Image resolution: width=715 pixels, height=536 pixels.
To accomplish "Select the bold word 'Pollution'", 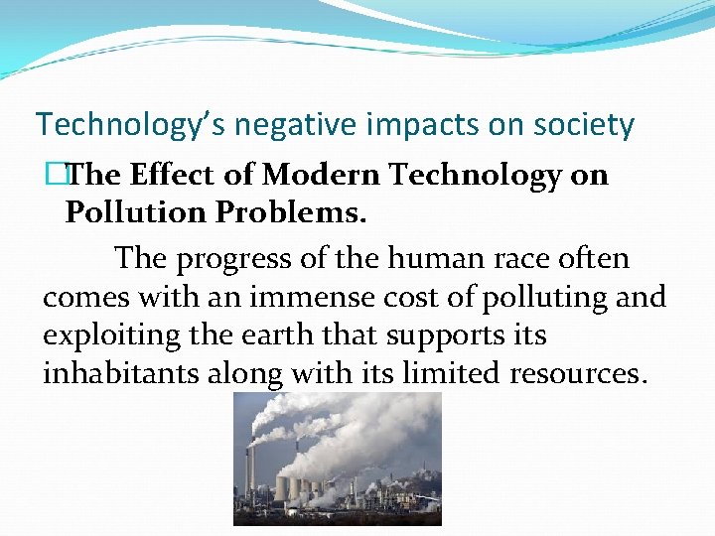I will coord(125,212).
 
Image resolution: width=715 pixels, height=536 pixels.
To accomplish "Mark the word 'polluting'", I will coord(545,298).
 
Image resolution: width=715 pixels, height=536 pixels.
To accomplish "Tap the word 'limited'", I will coord(452,374).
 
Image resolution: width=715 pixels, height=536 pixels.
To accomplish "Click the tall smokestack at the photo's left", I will coord(252,467).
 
